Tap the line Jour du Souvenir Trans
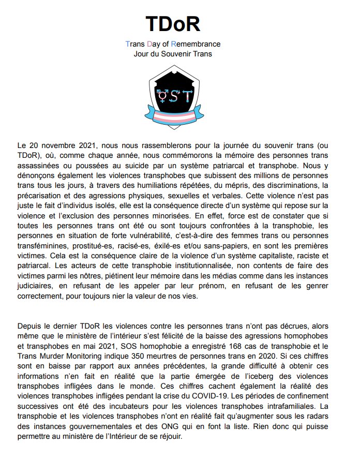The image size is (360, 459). (x=173, y=53)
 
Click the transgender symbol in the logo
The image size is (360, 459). (x=162, y=94)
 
